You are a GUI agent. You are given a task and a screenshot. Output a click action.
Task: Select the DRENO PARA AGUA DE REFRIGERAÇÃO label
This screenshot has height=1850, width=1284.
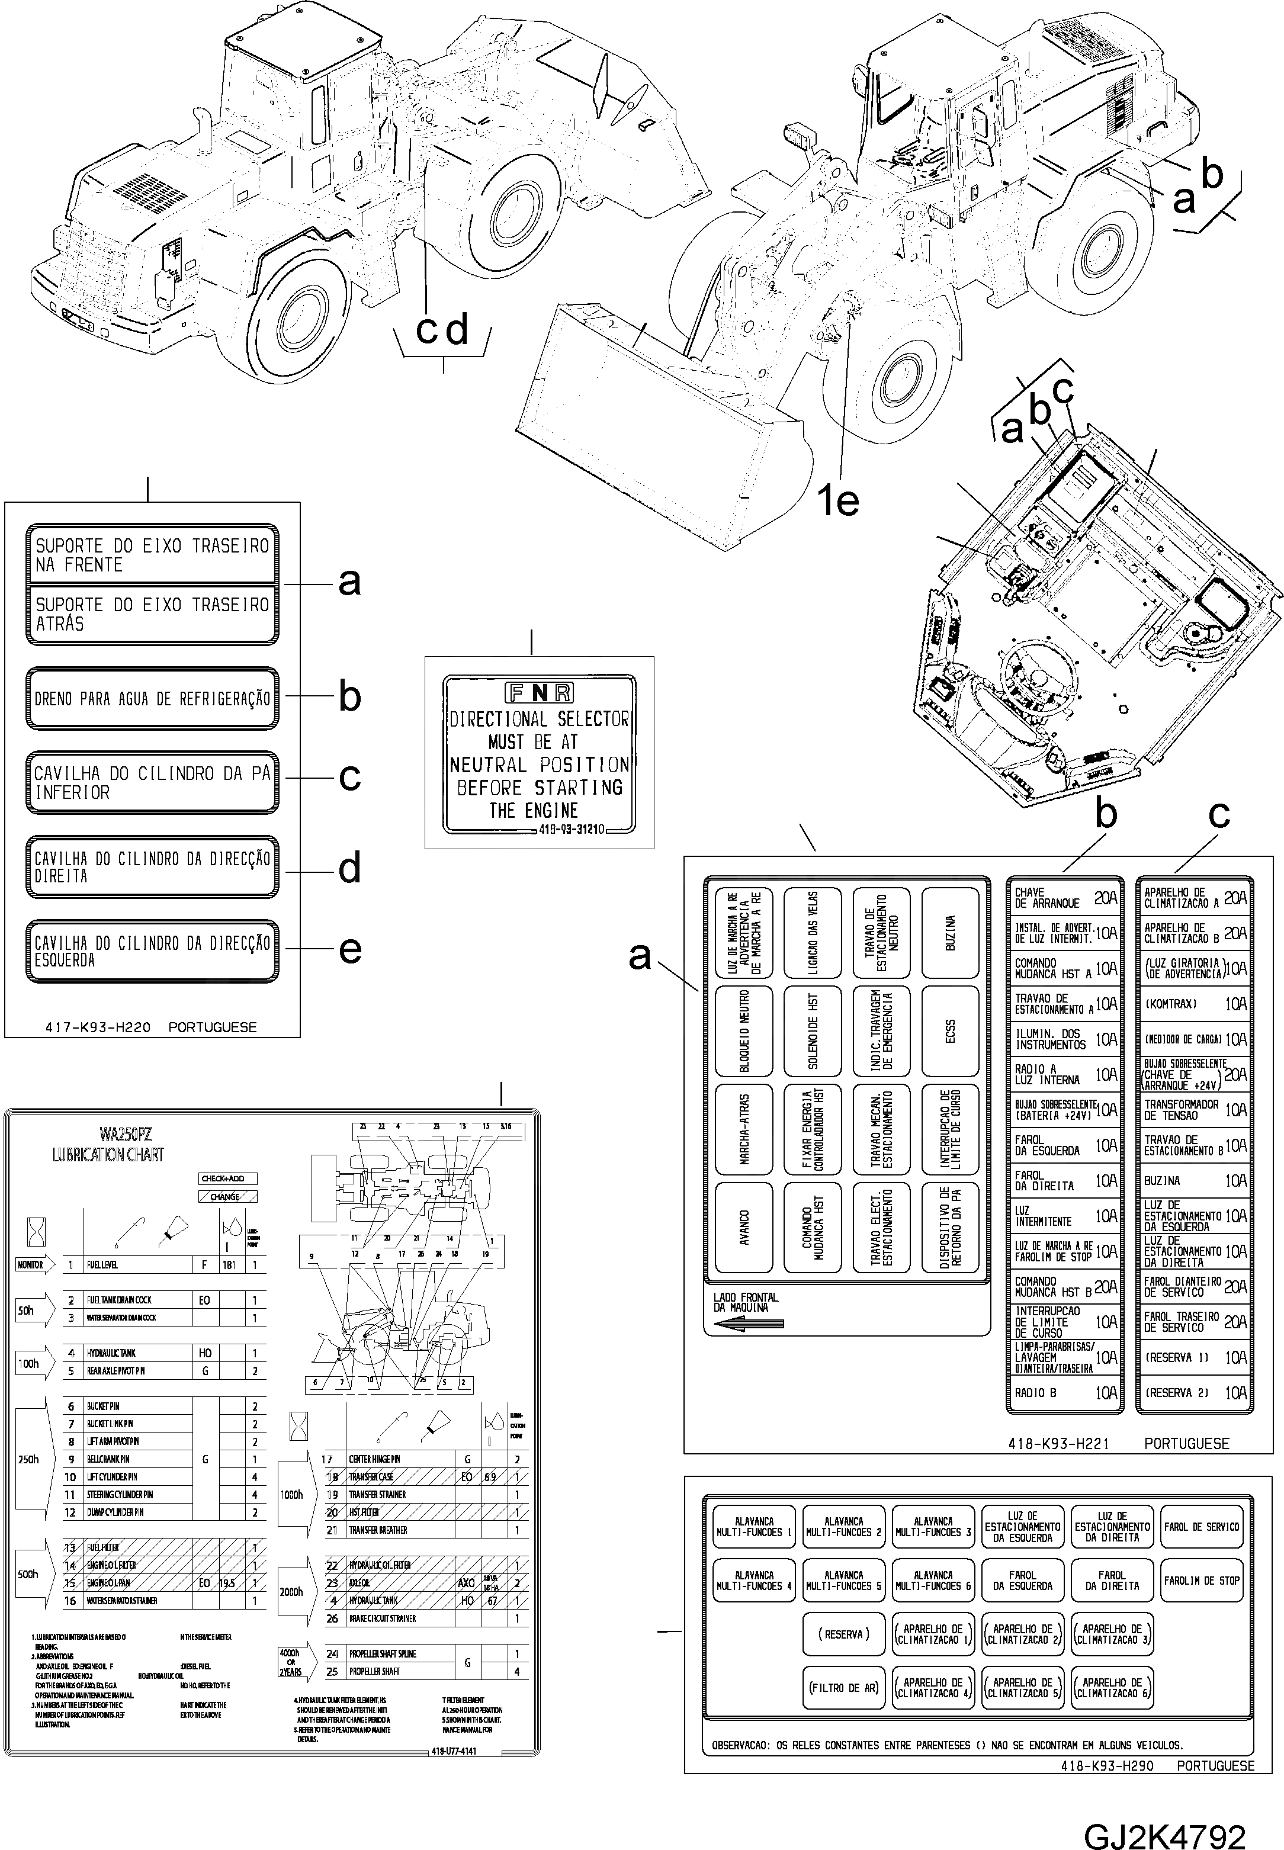point(152,698)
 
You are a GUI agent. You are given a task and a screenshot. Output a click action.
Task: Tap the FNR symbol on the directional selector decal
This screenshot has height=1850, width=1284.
point(539,692)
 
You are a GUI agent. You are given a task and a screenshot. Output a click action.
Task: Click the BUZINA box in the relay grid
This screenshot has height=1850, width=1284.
point(950,933)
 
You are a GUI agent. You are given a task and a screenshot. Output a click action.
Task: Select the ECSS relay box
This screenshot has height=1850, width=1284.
point(950,1031)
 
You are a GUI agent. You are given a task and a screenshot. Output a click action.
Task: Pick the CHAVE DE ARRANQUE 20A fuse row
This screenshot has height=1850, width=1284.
point(1064,898)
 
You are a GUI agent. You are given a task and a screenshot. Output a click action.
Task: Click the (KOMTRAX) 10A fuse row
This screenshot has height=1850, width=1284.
point(1193,1004)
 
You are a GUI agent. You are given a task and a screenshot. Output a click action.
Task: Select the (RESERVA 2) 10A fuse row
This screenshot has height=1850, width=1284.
point(1193,1392)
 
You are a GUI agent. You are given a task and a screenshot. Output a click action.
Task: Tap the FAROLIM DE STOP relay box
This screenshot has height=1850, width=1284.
point(1201,1581)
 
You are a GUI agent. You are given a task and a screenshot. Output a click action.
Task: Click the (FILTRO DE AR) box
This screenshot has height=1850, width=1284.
point(843,1688)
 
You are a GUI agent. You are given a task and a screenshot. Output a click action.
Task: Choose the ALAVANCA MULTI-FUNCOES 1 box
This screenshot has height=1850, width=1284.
point(754,1527)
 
